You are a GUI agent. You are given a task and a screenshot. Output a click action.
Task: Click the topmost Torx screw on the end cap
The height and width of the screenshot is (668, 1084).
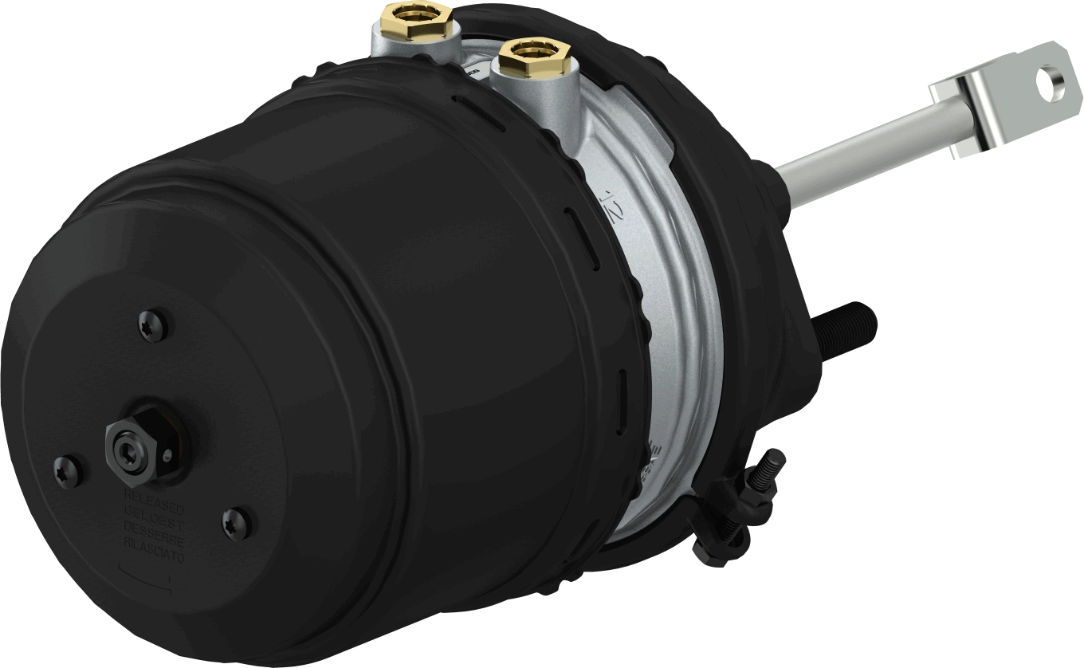157,325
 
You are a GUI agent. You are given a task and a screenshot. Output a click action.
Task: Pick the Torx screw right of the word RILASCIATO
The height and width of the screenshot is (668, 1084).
237,524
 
